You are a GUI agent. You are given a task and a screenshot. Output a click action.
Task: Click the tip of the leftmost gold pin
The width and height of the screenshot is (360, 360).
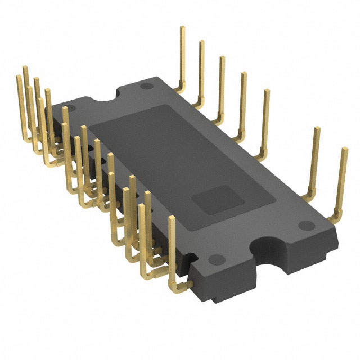coord(17,78)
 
